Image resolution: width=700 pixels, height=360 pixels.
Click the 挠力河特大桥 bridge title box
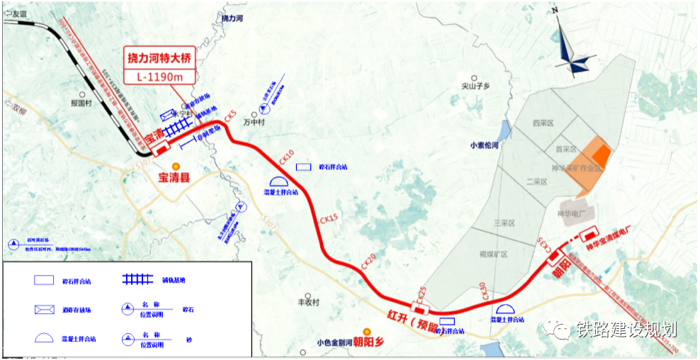click(157, 57)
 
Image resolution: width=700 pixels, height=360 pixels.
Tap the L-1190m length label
click(157, 76)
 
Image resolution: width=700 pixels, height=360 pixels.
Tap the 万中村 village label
click(252, 121)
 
